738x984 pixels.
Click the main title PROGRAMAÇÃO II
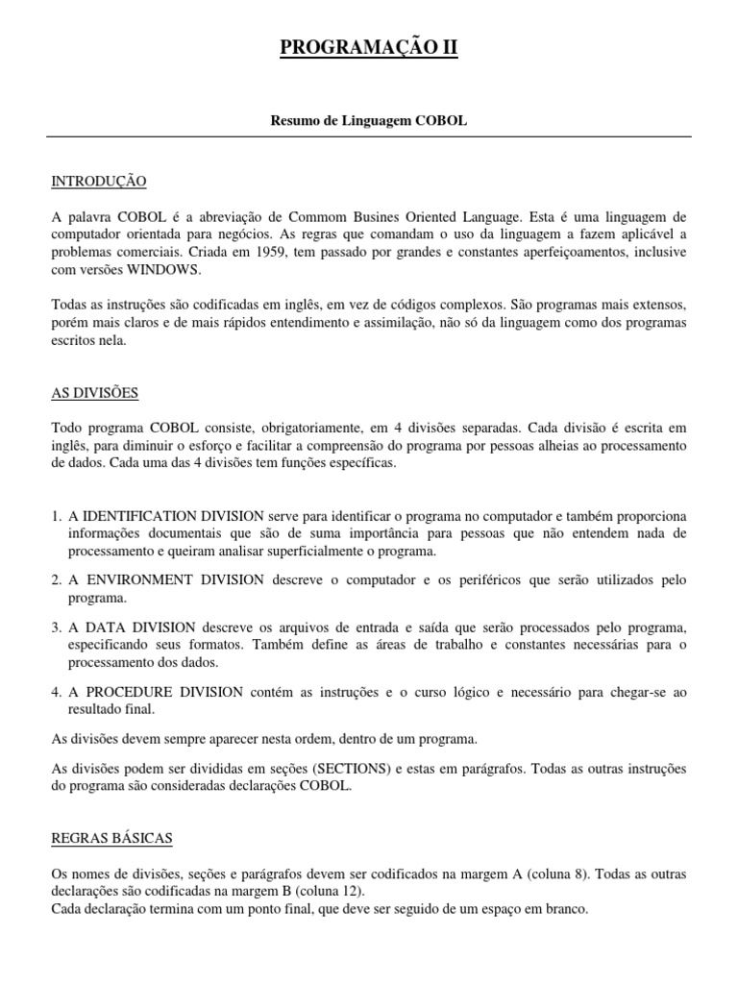coord(369,48)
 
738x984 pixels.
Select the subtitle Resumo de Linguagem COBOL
coord(369,123)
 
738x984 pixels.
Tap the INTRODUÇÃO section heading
coord(98,182)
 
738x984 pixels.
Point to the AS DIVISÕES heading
coord(94,393)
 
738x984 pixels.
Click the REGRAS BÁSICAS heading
coord(111,839)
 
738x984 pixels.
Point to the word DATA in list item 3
coord(104,627)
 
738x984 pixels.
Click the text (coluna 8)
coord(563,875)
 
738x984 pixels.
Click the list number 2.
coord(56,580)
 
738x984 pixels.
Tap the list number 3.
coord(56,627)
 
